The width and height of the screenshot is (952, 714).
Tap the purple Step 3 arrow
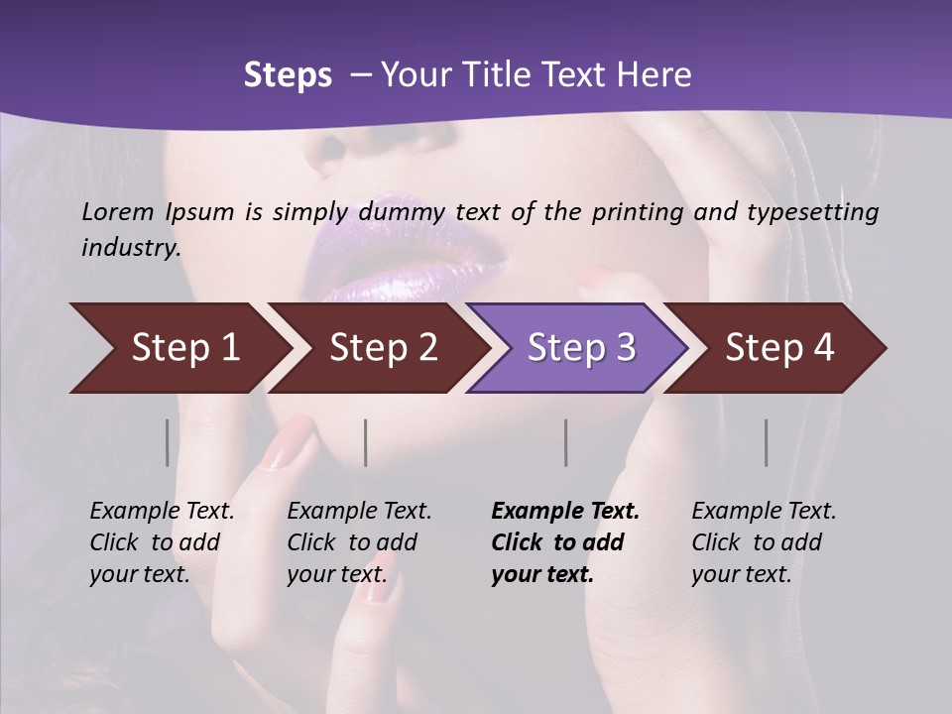coord(581,348)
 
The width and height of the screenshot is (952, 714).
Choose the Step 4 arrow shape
coord(779,348)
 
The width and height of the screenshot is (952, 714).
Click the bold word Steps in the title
coord(288,75)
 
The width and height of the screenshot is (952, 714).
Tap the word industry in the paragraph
coord(130,247)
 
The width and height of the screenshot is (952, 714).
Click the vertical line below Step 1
coord(167,442)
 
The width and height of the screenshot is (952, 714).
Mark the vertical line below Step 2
coord(366,442)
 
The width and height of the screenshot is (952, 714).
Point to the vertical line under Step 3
coord(565,442)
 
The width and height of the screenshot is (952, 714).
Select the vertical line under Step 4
coord(766,442)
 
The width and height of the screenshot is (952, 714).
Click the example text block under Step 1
coord(162,542)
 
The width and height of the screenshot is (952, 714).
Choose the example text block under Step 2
coord(359,542)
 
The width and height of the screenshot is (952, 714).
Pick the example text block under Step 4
coord(764,542)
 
